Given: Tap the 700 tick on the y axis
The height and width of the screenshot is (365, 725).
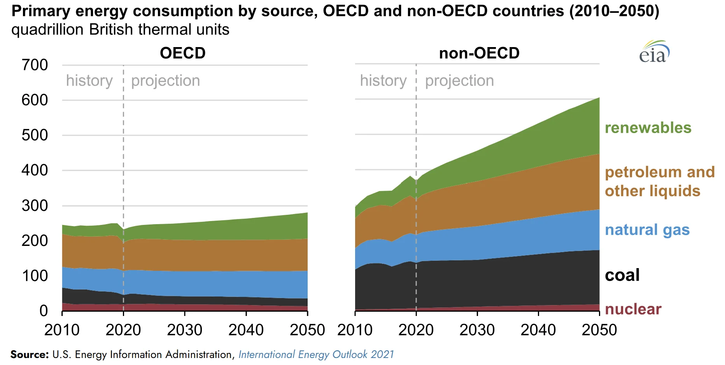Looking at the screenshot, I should pyautogui.click(x=35, y=65).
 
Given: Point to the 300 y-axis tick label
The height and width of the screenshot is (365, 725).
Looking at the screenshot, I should pyautogui.click(x=35, y=205).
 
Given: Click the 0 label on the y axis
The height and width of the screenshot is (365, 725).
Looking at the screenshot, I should pyautogui.click(x=44, y=311).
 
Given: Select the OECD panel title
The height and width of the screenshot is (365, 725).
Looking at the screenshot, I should pyautogui.click(x=183, y=53).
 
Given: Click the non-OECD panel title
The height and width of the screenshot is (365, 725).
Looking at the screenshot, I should pyautogui.click(x=479, y=53).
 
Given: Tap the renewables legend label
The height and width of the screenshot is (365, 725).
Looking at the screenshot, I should pyautogui.click(x=648, y=128).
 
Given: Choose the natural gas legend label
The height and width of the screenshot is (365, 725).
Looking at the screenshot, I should pyautogui.click(x=647, y=230).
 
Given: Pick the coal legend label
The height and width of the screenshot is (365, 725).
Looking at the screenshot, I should pyautogui.click(x=622, y=275).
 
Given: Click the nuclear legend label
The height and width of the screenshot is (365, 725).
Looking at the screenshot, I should pyautogui.click(x=633, y=309).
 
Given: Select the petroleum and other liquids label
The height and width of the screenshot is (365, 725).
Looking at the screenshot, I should pyautogui.click(x=660, y=181).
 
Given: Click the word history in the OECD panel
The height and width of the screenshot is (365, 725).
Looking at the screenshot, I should pyautogui.click(x=89, y=81).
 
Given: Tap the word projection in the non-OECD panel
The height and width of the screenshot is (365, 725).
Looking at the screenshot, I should pyautogui.click(x=459, y=81).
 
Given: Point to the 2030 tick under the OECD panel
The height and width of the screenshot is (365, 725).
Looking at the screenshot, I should pyautogui.click(x=185, y=330).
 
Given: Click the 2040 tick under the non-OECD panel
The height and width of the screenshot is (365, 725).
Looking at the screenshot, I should pyautogui.click(x=538, y=330).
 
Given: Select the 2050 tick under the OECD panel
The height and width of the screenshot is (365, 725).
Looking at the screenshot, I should pyautogui.click(x=307, y=330).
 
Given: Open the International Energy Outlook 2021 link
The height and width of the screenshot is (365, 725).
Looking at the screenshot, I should pyautogui.click(x=316, y=354).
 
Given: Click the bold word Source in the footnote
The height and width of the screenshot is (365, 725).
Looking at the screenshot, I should pyautogui.click(x=29, y=354).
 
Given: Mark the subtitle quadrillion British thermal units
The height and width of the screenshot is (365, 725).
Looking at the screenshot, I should pyautogui.click(x=121, y=30).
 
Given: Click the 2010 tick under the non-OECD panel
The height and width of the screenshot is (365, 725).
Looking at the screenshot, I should pyautogui.click(x=355, y=330).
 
